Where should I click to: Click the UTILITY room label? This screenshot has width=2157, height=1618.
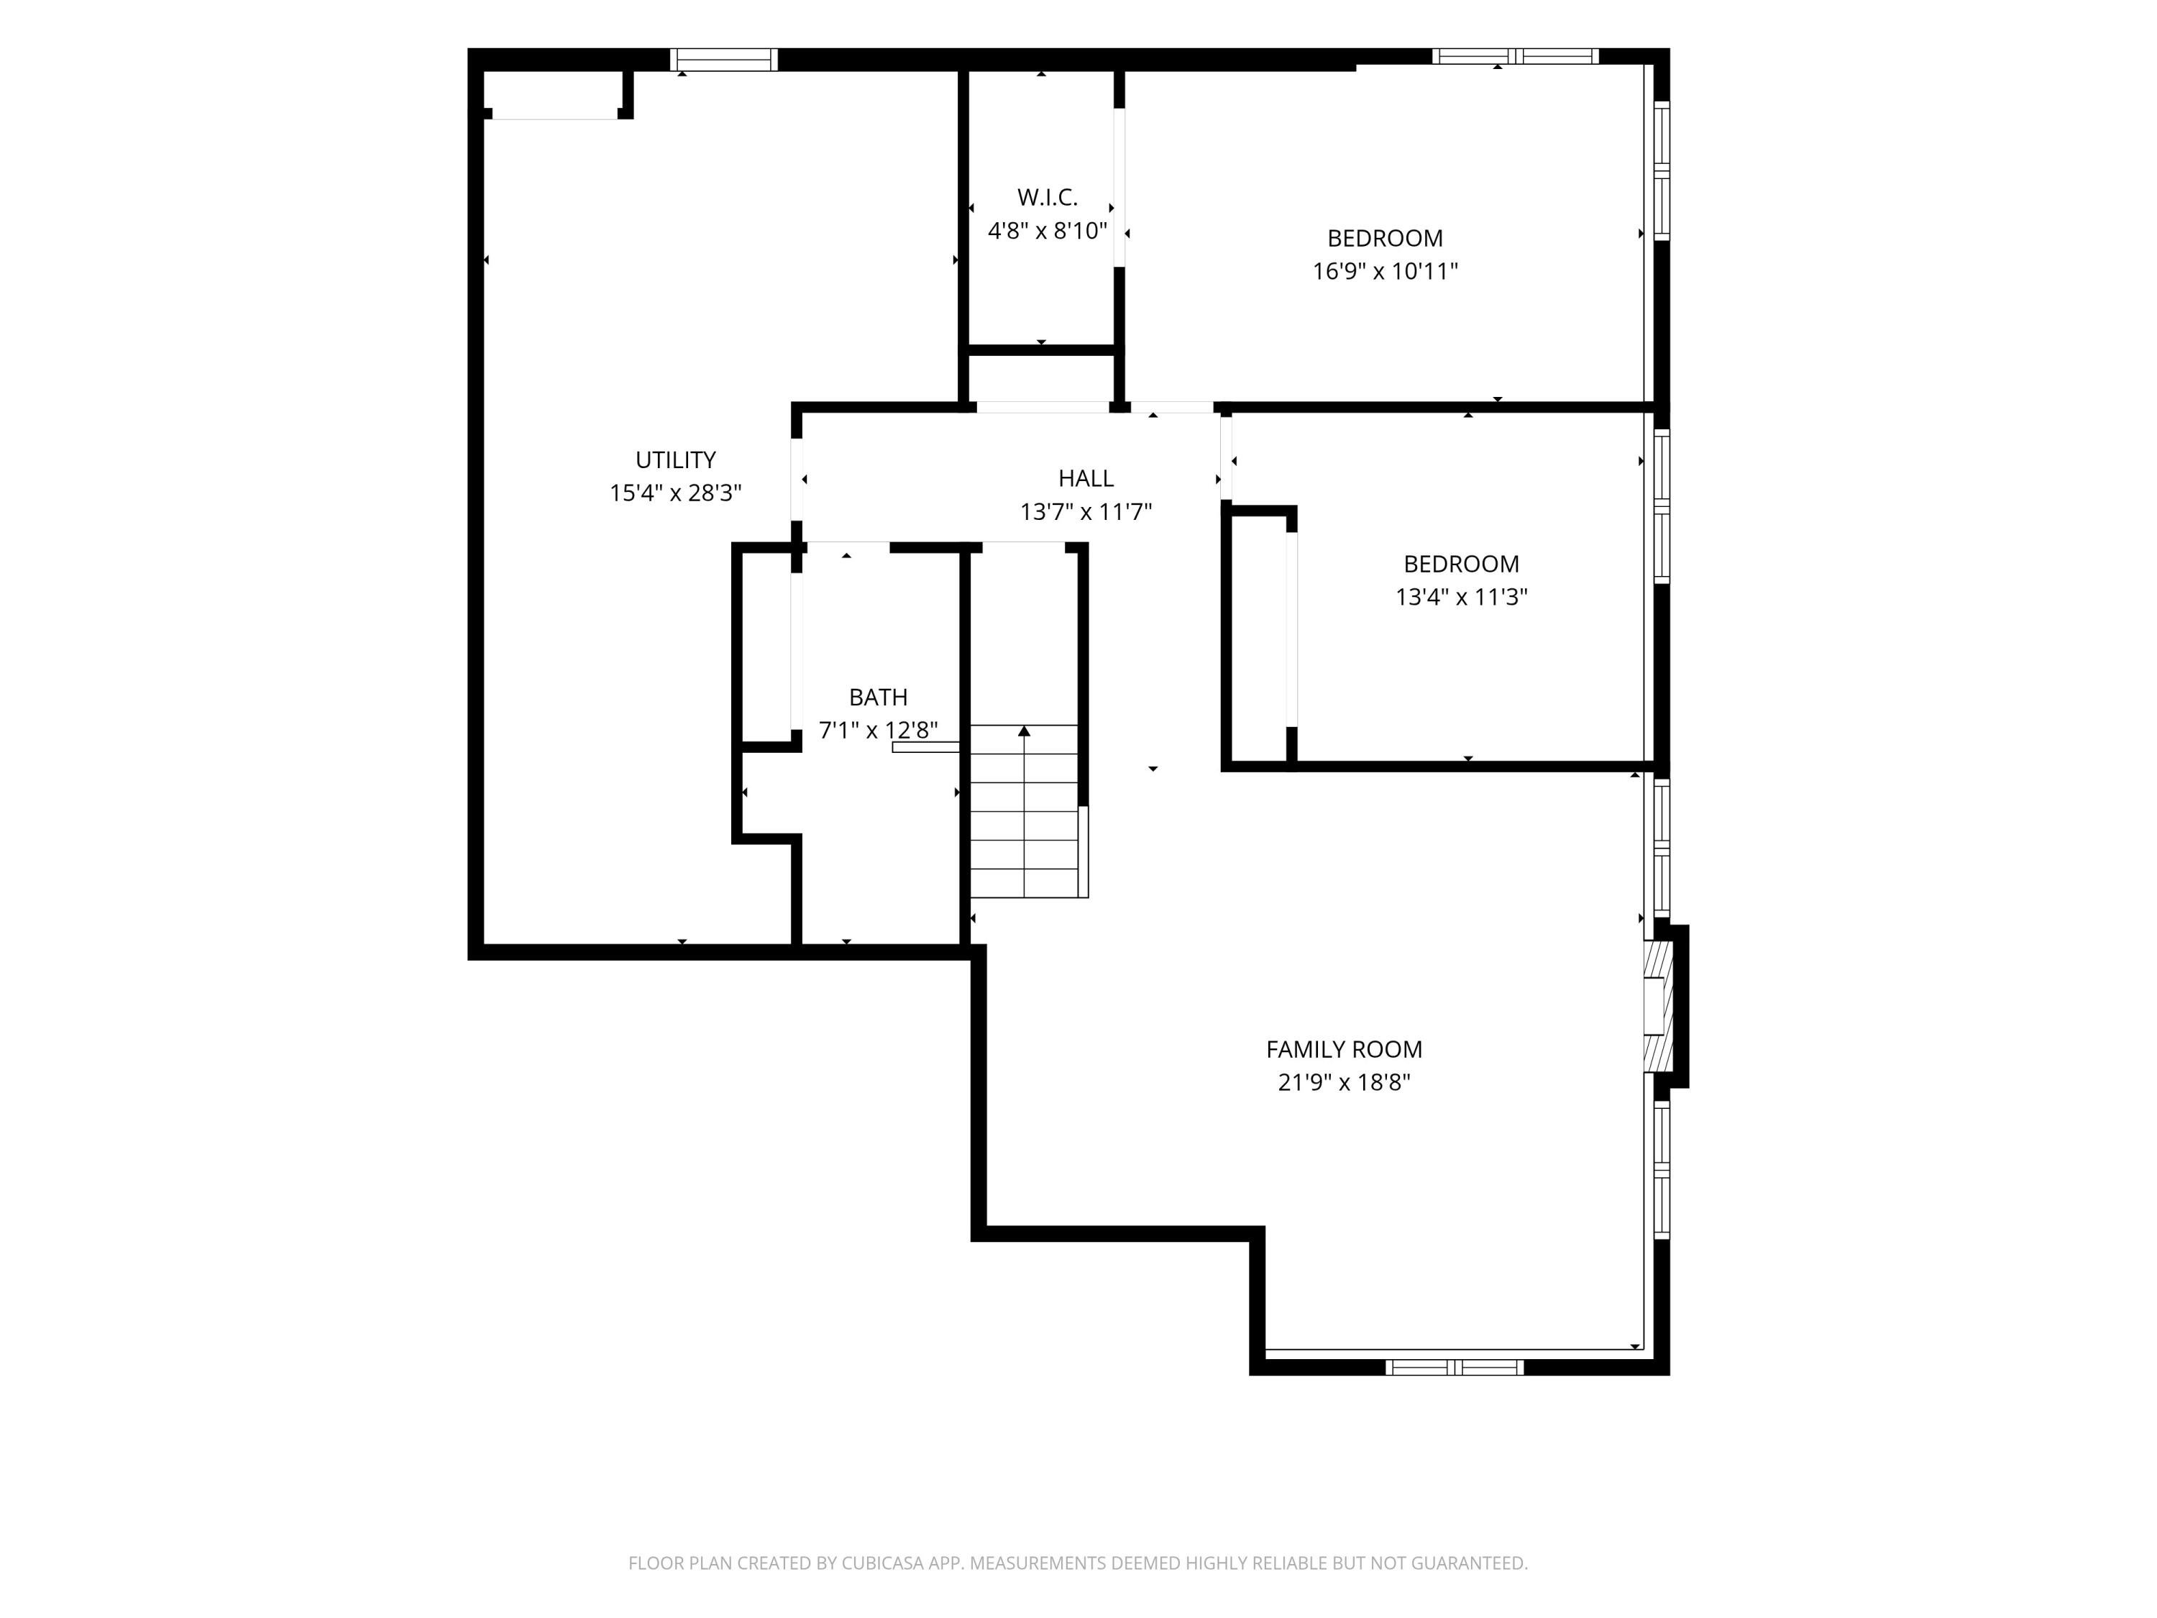click(x=676, y=460)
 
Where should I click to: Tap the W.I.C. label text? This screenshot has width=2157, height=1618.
click(x=1048, y=197)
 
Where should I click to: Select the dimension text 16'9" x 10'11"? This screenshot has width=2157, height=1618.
click(x=1385, y=271)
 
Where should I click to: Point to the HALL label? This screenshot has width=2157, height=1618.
click(x=1085, y=478)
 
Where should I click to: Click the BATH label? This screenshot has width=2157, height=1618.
click(x=878, y=698)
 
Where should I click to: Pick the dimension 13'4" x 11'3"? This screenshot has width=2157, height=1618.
click(x=1461, y=597)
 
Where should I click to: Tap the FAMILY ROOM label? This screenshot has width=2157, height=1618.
click(x=1344, y=1049)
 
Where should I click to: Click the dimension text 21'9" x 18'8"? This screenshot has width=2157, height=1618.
click(x=1344, y=1082)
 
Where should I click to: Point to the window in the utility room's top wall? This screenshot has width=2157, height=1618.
click(x=723, y=60)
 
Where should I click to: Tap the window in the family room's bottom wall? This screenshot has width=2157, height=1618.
click(x=1454, y=1367)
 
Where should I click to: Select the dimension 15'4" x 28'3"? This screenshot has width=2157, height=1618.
click(x=676, y=493)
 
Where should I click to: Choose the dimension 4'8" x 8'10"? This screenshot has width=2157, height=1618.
click(x=1048, y=231)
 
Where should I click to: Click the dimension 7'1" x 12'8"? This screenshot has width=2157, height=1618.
click(x=878, y=731)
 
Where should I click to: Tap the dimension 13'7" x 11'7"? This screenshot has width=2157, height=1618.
click(x=1085, y=512)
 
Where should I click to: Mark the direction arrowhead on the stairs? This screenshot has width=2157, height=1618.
click(x=1024, y=731)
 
